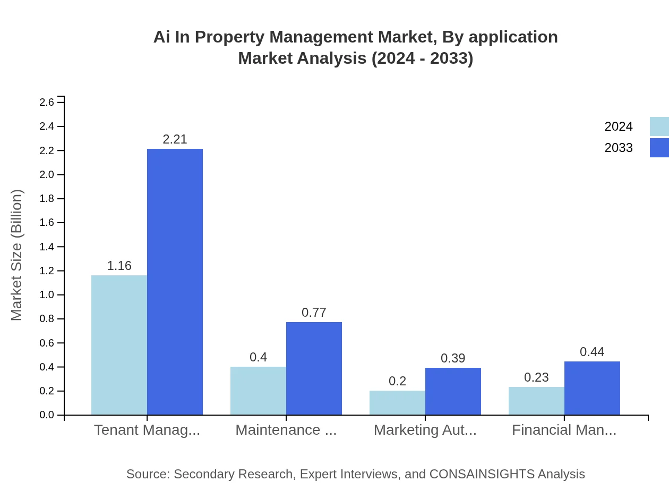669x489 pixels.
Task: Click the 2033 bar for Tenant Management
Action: click(x=175, y=282)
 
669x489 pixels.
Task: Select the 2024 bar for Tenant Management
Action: click(x=119, y=345)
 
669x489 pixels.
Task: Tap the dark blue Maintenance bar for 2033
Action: click(x=314, y=368)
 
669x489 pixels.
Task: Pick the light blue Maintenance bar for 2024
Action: click(x=258, y=391)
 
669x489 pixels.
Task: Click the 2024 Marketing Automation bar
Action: click(x=397, y=403)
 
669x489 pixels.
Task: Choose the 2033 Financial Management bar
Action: click(x=592, y=388)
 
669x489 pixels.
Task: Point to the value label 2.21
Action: click(x=175, y=139)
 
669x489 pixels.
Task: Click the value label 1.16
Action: click(x=119, y=266)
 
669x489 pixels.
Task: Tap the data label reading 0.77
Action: click(x=314, y=313)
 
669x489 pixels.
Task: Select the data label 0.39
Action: click(x=453, y=358)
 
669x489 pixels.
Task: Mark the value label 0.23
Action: click(x=536, y=377)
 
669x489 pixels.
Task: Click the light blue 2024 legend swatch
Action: click(x=659, y=127)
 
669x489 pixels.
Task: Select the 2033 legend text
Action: click(x=619, y=148)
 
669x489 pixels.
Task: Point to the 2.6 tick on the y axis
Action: click(x=47, y=102)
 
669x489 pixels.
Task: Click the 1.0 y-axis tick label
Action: click(x=47, y=295)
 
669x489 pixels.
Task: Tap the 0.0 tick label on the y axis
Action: click(x=47, y=415)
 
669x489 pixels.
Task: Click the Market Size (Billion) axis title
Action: click(x=16, y=255)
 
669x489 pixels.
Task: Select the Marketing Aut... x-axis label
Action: click(x=425, y=430)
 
